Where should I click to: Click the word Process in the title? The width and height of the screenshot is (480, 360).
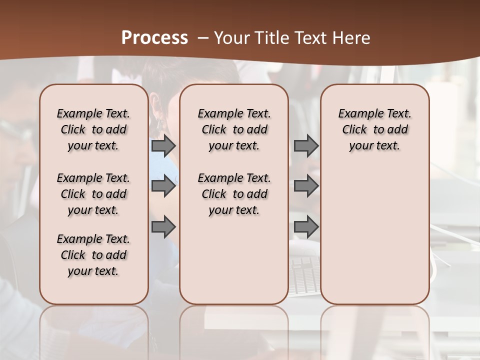pyautogui.click(x=154, y=37)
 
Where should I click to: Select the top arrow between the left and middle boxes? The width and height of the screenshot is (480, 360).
pyautogui.click(x=163, y=145)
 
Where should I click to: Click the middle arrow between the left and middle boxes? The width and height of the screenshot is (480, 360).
pyautogui.click(x=163, y=186)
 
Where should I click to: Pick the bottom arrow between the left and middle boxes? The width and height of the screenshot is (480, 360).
pyautogui.click(x=163, y=227)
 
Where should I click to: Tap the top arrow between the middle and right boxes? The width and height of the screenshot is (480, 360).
pyautogui.click(x=306, y=145)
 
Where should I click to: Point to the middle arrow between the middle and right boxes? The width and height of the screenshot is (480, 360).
pyautogui.click(x=306, y=186)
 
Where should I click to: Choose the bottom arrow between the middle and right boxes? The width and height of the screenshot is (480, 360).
pyautogui.click(x=306, y=227)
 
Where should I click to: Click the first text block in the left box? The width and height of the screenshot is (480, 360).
pyautogui.click(x=93, y=129)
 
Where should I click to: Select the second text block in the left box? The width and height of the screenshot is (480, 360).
pyautogui.click(x=93, y=194)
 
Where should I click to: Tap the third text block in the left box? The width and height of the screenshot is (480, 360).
pyautogui.click(x=93, y=255)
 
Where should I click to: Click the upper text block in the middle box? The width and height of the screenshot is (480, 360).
pyautogui.click(x=234, y=129)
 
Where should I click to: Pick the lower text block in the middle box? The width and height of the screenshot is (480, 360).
pyautogui.click(x=234, y=194)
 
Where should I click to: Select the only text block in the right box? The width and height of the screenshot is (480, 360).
pyautogui.click(x=375, y=129)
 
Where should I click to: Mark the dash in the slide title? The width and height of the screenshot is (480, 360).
pyautogui.click(x=203, y=38)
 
